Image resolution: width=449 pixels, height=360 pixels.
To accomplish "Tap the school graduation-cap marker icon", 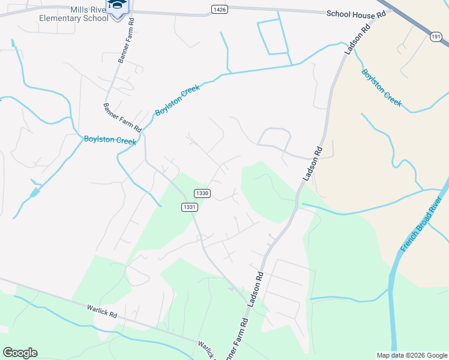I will [116, 5].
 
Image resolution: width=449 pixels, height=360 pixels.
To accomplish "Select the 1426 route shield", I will [218, 8].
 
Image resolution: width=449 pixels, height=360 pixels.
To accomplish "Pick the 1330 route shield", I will [202, 193].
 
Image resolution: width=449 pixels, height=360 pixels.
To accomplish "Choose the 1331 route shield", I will [189, 206].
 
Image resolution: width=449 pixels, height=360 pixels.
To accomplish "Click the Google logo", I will [20, 353].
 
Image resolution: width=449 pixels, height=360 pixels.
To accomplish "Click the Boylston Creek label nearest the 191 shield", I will [381, 88].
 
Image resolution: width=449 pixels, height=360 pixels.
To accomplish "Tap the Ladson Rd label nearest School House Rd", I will [355, 41].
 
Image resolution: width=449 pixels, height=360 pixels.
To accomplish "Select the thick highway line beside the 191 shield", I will [414, 20].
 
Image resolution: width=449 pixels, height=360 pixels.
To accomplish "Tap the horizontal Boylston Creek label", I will [110, 140].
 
